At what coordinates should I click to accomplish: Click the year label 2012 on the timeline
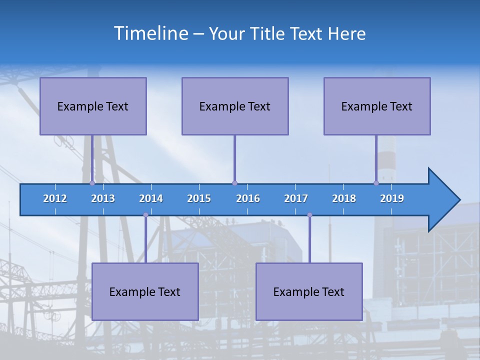pos(55,198)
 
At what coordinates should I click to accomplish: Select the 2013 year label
pos(103,198)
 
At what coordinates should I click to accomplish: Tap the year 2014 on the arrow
pos(151,198)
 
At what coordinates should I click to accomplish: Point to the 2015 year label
pos(199,198)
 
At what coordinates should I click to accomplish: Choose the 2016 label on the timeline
pos(248,198)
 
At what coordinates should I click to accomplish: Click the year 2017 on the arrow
pos(296,198)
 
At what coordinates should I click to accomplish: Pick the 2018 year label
pos(344,198)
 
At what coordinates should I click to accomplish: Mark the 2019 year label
pos(392,198)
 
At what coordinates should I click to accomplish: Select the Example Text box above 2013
pos(93,106)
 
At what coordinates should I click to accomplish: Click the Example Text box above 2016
pos(235,106)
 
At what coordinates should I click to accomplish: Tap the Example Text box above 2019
pos(377,106)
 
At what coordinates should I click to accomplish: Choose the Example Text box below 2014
pos(145,291)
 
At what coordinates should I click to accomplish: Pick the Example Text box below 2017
pos(309,291)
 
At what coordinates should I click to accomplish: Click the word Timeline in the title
pos(151,33)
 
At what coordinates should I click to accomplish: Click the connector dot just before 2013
pos(92,183)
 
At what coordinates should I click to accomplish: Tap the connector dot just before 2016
pos(234,183)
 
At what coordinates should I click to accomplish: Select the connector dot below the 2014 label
pos(145,215)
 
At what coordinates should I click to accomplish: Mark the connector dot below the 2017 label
pos(309,215)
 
